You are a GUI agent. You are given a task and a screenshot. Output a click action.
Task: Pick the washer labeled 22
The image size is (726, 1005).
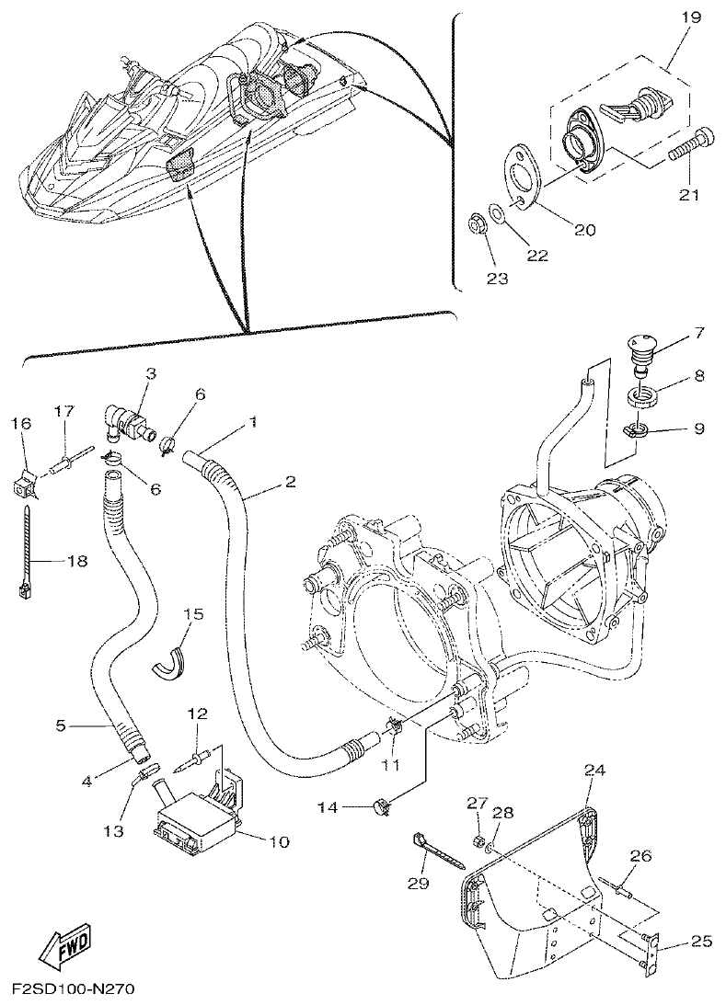tap(497, 213)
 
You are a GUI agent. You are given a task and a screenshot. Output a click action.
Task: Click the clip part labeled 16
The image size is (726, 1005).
tap(24, 481)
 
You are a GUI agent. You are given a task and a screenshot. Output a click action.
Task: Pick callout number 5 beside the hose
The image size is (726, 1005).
tap(61, 725)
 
